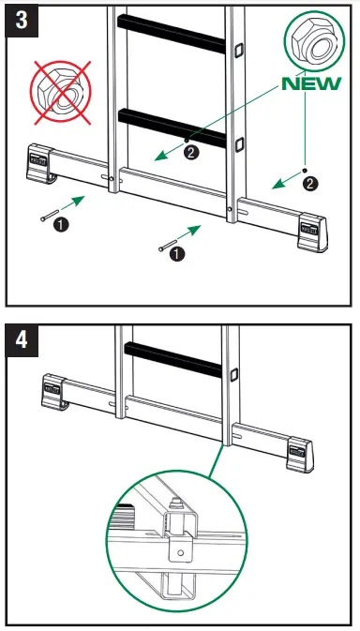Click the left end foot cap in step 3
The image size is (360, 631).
[x=42, y=161]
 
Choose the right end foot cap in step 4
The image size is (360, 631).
[x=299, y=456]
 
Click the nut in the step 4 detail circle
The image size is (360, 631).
[x=175, y=513]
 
